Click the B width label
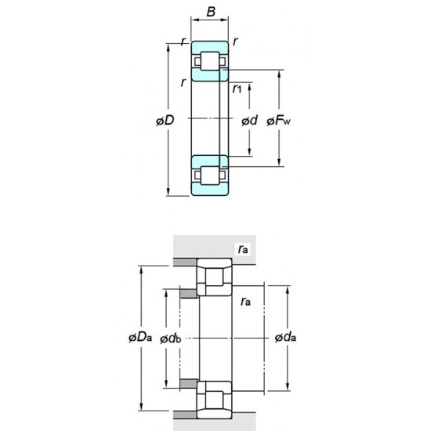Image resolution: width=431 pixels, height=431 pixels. click(210, 12)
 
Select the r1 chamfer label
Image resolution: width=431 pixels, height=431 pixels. click(237, 89)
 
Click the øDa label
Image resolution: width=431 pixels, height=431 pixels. click(139, 338)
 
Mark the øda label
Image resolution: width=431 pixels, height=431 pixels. click(285, 338)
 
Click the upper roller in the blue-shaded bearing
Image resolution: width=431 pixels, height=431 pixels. click(210, 60)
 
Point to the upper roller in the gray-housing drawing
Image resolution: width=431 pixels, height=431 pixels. click(213, 278)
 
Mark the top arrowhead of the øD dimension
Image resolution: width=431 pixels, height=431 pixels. click(169, 43)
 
